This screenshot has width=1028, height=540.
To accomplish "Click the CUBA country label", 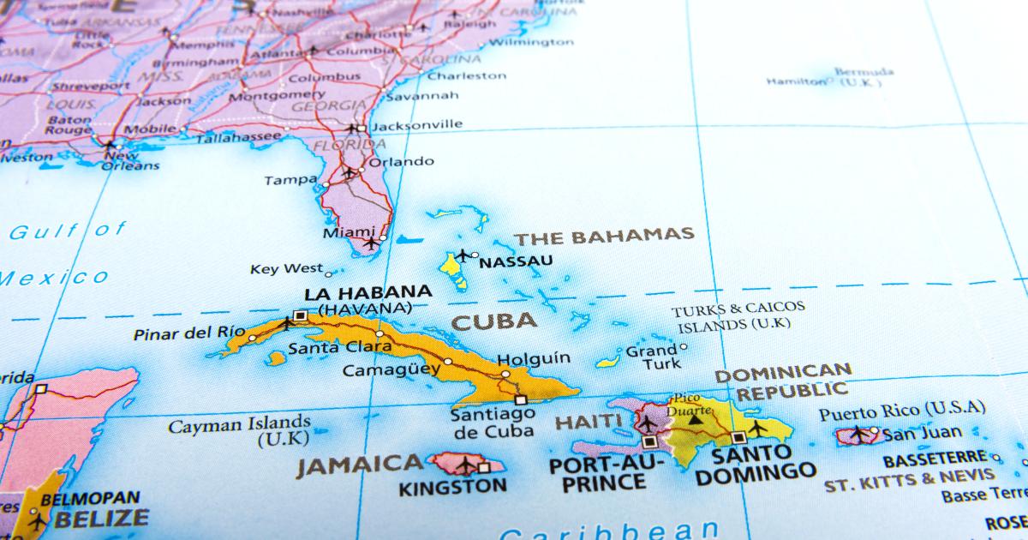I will (494, 322).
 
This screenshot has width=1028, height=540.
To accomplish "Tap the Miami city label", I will (348, 232).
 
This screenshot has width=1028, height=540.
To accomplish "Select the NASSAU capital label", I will (516, 261).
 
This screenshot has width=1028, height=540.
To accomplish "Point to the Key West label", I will (286, 269).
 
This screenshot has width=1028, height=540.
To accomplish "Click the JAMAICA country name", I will (360, 465).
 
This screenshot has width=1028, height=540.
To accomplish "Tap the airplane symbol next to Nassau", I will (463, 255).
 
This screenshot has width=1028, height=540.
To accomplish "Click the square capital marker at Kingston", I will (484, 468).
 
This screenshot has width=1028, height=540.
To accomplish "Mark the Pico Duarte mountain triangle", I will (695, 418).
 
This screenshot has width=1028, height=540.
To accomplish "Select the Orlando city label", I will (401, 161).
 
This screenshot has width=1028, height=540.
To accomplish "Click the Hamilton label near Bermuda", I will (797, 81).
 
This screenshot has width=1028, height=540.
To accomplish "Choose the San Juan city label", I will (922, 433).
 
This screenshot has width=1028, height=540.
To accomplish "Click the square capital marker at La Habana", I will (299, 315).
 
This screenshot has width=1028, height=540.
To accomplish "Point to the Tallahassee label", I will (239, 137).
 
